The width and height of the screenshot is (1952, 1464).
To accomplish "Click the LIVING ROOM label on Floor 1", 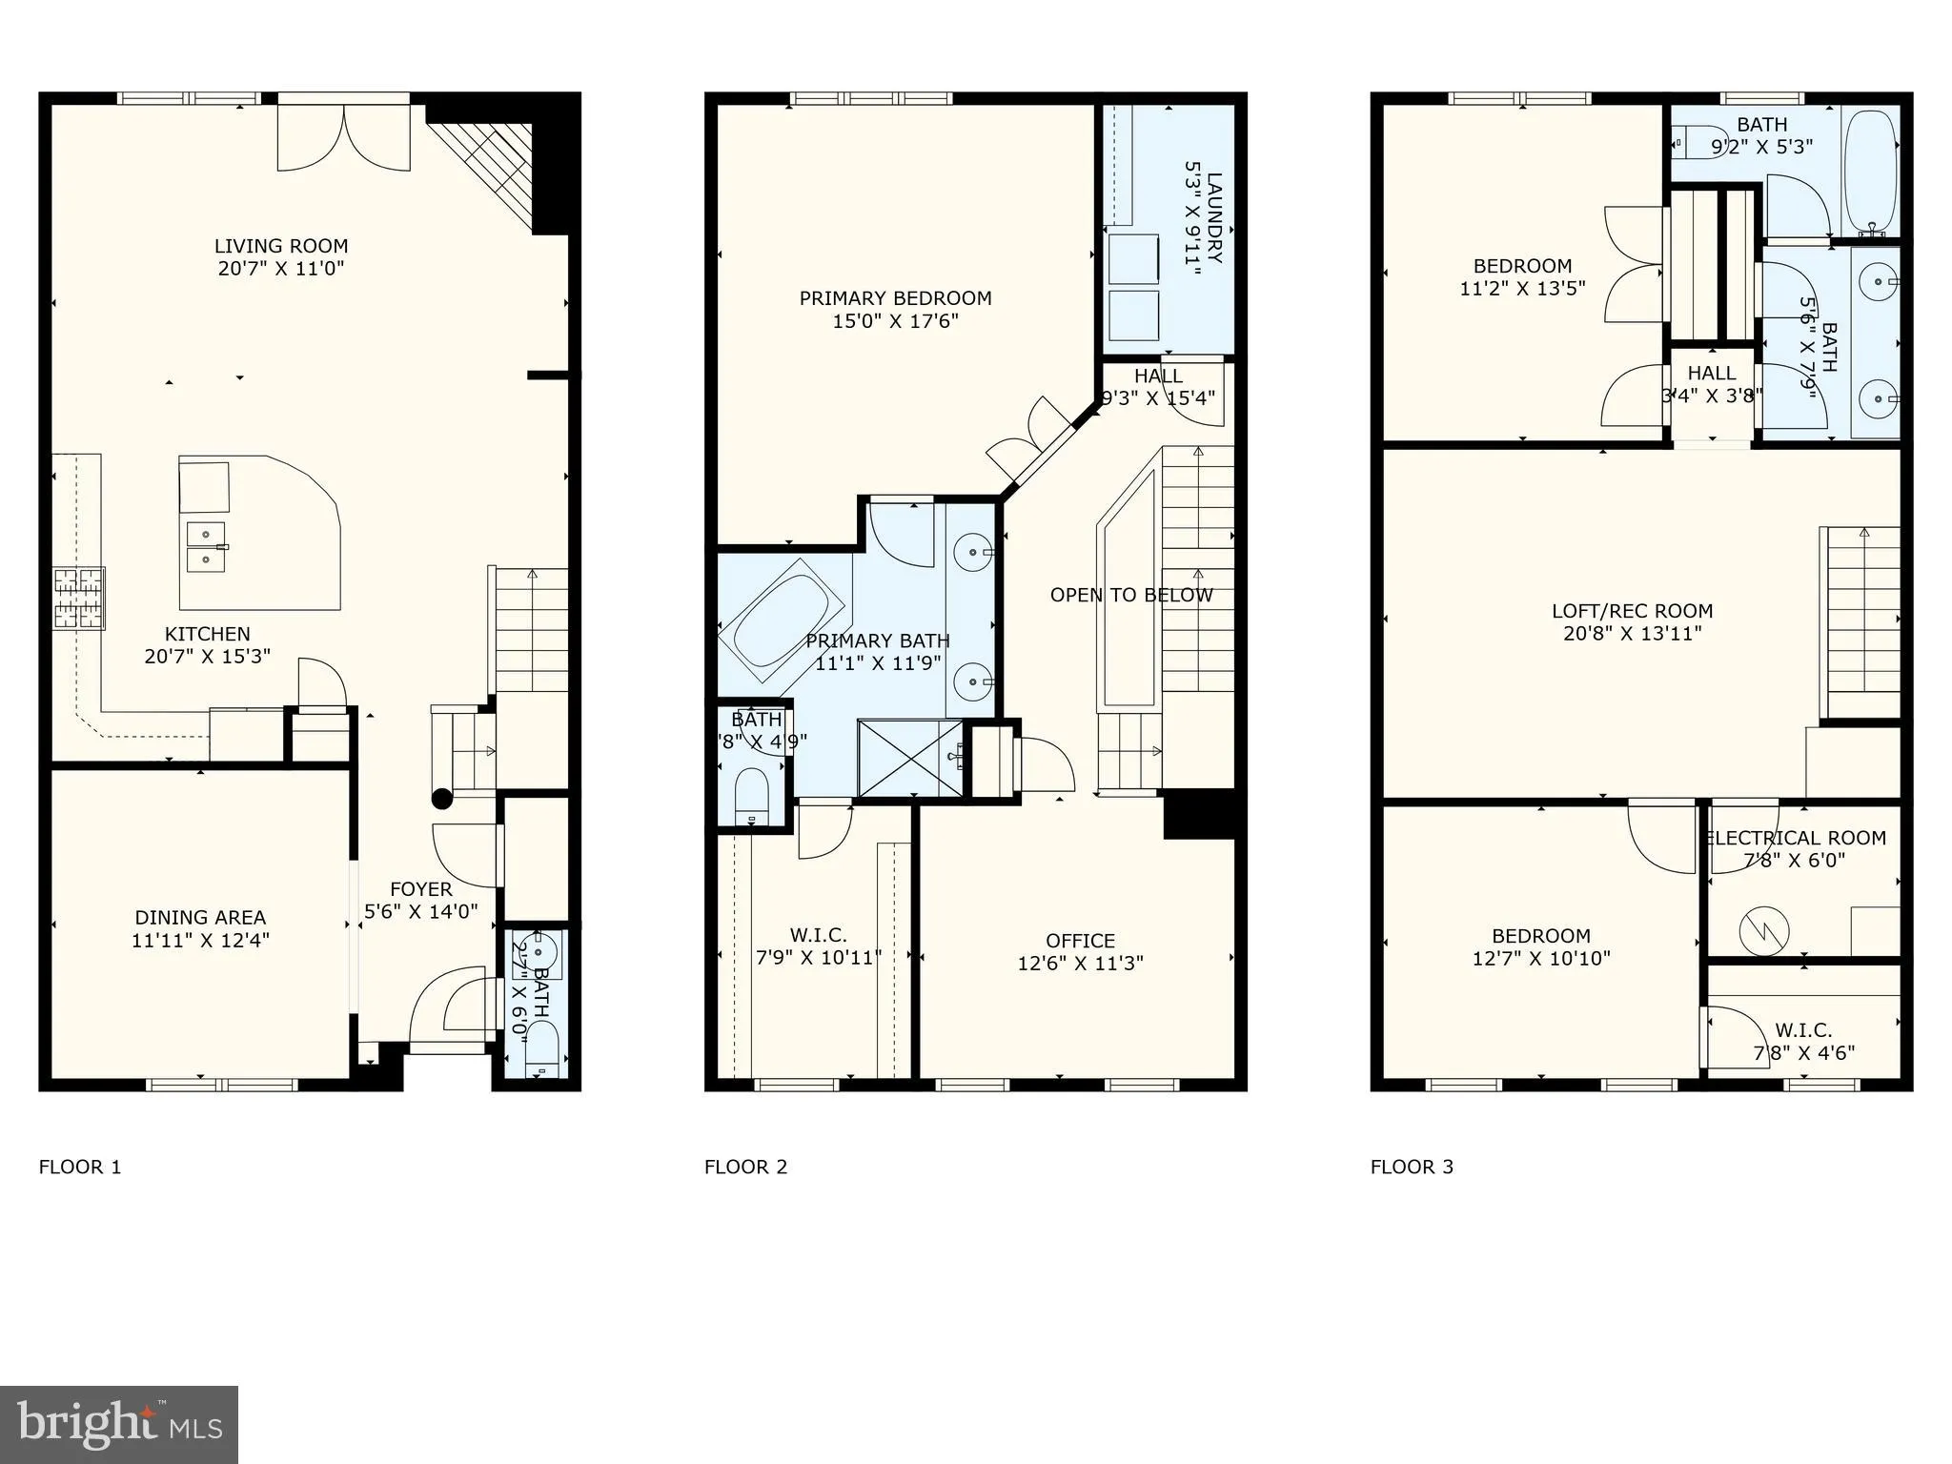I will pyautogui.click(x=280, y=246).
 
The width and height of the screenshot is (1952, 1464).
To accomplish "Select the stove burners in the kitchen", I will pyautogui.click(x=78, y=598).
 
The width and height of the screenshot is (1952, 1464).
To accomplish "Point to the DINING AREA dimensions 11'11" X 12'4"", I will pyautogui.click(x=200, y=940).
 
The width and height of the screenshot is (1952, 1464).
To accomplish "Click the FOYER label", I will pyautogui.click(x=420, y=889).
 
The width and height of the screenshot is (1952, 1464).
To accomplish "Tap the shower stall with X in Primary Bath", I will pyautogui.click(x=911, y=758).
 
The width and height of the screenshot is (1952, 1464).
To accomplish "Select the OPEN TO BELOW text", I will pyautogui.click(x=1130, y=596).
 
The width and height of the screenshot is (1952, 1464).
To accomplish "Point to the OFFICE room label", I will pyautogui.click(x=1080, y=941).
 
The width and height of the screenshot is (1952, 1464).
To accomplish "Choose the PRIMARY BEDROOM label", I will pyautogui.click(x=895, y=298).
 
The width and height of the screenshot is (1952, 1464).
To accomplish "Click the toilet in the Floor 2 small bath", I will pyautogui.click(x=752, y=795).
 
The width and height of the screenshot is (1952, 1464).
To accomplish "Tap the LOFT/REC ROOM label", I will pyautogui.click(x=1632, y=611).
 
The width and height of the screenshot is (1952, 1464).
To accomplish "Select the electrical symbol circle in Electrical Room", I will pyautogui.click(x=1763, y=930).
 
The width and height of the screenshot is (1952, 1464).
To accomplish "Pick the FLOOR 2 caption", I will pyautogui.click(x=745, y=1167).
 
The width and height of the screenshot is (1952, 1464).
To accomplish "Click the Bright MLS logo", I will pyautogui.click(x=119, y=1424).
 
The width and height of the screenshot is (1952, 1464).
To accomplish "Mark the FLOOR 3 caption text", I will pyautogui.click(x=1412, y=1167).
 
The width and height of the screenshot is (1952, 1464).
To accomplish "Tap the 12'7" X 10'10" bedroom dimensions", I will pyautogui.click(x=1540, y=959).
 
